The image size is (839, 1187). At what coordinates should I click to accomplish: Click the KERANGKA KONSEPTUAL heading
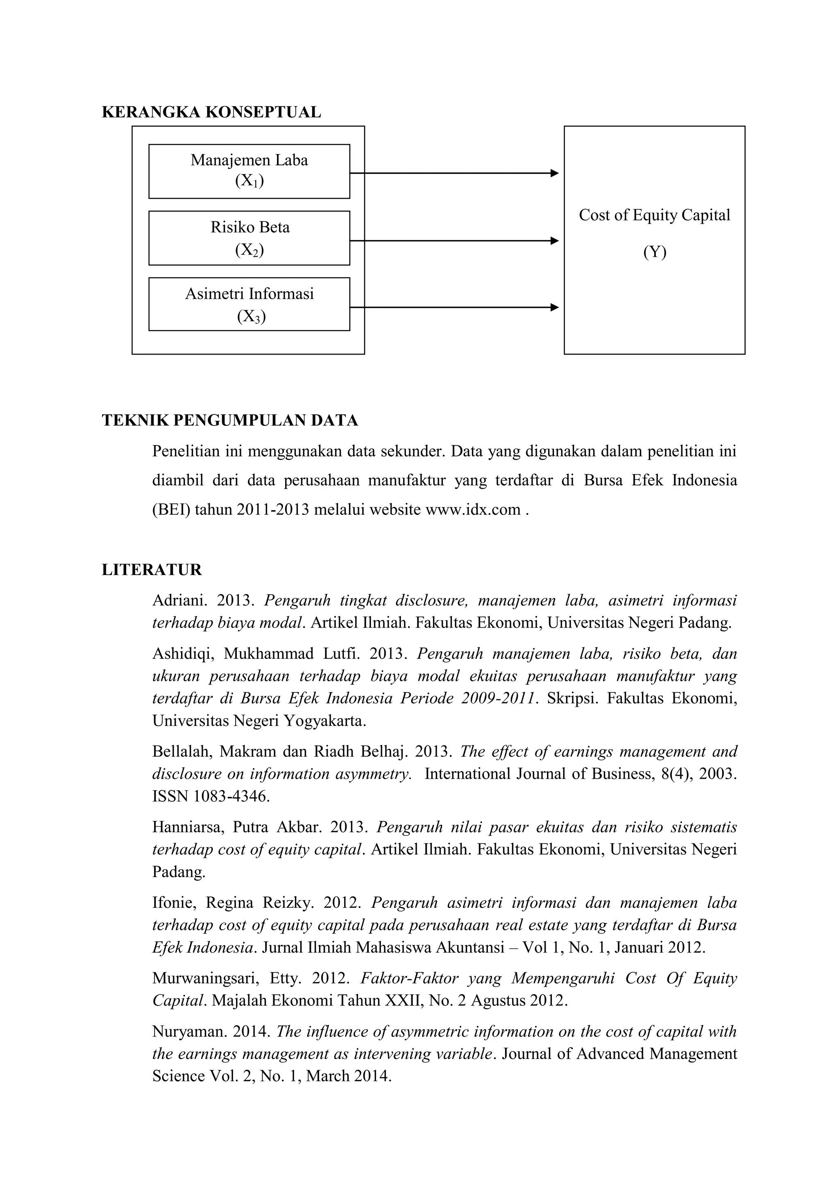click(211, 112)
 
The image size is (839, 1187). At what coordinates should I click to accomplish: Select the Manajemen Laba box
click(249, 171)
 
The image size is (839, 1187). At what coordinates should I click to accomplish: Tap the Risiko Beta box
click(249, 238)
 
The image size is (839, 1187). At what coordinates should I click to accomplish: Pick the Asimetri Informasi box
click(249, 304)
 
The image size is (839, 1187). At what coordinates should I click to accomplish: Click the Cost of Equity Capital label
click(654, 215)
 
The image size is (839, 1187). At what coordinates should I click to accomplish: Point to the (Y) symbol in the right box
click(655, 252)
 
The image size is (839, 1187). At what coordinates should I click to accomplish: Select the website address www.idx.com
click(472, 510)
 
